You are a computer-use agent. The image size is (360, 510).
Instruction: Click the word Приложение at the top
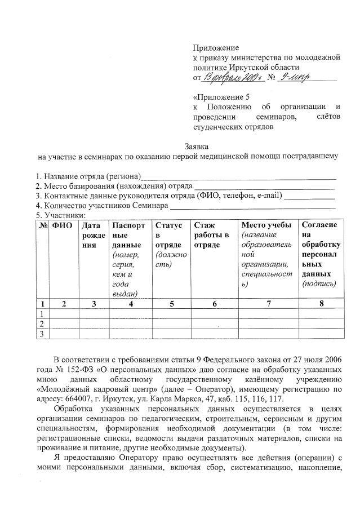tap(216, 48)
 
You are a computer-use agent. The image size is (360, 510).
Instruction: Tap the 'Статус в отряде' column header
tap(168, 235)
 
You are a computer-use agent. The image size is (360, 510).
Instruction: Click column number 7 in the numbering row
tap(268, 304)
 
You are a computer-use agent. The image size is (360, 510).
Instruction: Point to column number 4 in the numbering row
tap(131, 304)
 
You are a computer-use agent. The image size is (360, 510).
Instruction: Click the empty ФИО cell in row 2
tap(64, 324)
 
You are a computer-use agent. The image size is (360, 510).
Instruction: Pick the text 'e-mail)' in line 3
tap(269, 196)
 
